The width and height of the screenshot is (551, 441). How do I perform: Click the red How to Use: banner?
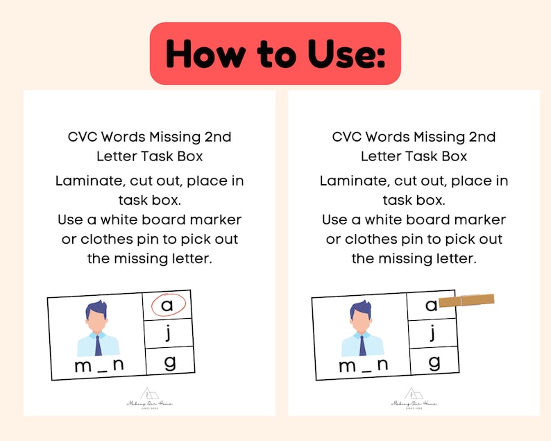point(275,53)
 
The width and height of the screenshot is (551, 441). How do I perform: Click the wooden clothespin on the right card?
point(467,301)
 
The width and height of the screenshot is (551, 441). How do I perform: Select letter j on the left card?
point(168,334)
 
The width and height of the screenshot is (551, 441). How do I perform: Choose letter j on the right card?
point(433,333)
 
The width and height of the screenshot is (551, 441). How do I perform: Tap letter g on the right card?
point(434,361)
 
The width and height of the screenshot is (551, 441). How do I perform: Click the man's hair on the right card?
point(360,310)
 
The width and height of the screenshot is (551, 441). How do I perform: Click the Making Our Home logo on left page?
point(149,399)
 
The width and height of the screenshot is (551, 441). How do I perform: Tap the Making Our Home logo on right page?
point(414,399)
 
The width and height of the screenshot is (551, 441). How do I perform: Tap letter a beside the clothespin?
point(431,305)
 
